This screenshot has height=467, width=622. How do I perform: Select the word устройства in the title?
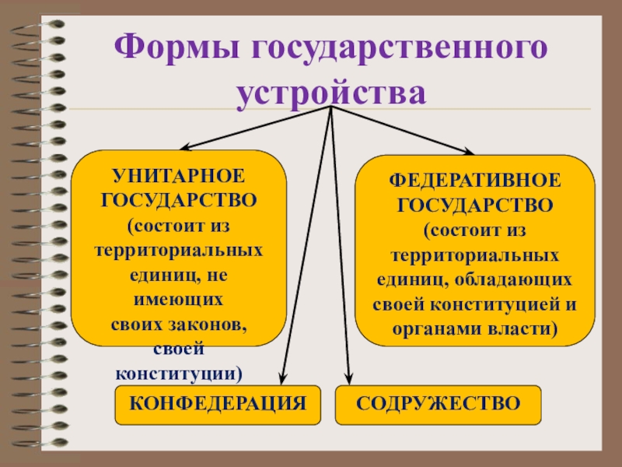332,93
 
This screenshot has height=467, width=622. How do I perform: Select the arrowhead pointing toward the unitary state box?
185,148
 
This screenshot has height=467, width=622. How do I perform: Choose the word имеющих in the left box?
179,300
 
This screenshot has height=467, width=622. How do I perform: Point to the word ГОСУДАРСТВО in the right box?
474,205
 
